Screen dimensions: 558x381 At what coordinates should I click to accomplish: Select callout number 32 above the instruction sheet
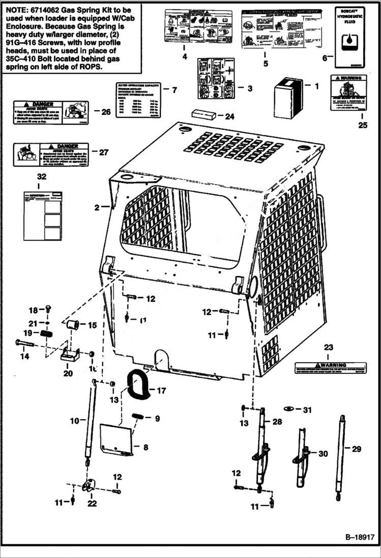(x=41, y=177)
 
